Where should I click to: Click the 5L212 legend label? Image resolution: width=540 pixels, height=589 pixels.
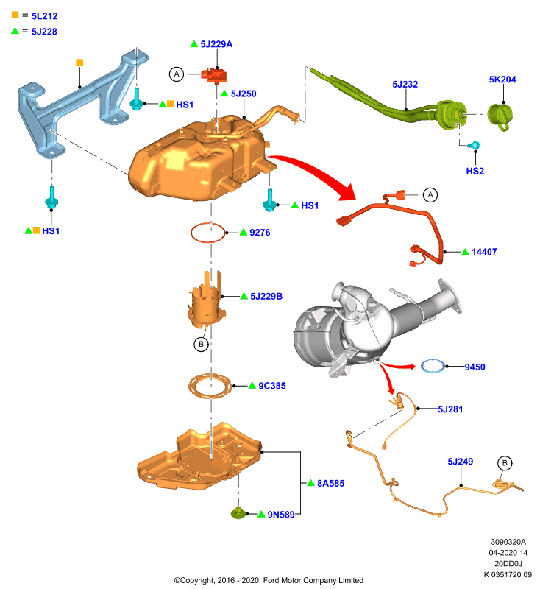(x=44, y=16)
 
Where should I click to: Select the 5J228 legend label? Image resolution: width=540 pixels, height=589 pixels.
(x=44, y=32)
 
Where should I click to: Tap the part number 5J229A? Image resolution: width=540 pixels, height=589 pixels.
(x=216, y=44)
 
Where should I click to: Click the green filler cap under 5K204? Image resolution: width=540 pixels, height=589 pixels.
(x=500, y=116)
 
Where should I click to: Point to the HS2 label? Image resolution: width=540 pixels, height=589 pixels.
(x=475, y=172)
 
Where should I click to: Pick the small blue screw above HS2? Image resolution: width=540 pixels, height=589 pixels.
(x=475, y=145)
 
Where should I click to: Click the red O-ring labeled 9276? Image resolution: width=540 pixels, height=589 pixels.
(x=207, y=233)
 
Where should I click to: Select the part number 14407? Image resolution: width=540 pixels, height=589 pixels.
(x=484, y=252)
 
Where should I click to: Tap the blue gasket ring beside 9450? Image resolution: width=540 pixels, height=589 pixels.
(x=433, y=366)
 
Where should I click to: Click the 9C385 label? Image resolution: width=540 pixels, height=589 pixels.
(x=272, y=386)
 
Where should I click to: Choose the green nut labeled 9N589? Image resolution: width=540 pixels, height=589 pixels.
(x=238, y=512)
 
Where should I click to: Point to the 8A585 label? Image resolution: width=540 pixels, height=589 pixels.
(x=330, y=484)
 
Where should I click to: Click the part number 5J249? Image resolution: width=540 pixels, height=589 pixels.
(x=460, y=462)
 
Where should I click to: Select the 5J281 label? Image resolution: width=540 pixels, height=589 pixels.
(x=450, y=409)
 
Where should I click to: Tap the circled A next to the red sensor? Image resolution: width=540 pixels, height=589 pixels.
(x=177, y=74)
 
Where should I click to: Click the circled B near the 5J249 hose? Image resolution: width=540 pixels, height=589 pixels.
(x=505, y=463)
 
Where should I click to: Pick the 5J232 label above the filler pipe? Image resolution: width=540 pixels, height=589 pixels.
(x=405, y=85)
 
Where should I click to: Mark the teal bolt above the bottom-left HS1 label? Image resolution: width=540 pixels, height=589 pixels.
(x=51, y=197)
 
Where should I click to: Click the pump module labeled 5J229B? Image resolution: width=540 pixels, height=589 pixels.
(x=206, y=300)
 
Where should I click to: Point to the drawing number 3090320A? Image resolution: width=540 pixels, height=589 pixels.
(x=508, y=542)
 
